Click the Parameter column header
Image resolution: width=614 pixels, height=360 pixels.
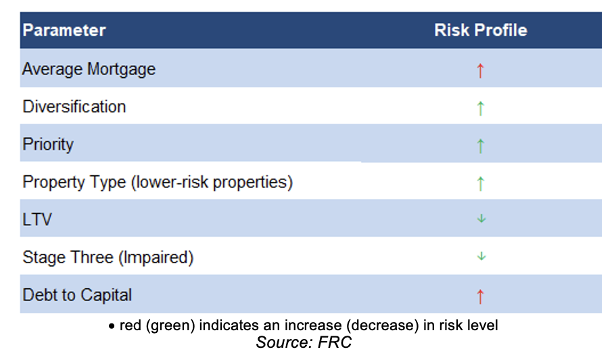click(x=64, y=30)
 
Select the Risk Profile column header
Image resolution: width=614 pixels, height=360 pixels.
click(x=481, y=30)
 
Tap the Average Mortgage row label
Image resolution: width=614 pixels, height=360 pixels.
click(x=89, y=69)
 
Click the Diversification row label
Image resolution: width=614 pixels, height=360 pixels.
click(x=74, y=106)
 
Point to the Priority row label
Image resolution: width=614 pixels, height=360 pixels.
click(x=48, y=145)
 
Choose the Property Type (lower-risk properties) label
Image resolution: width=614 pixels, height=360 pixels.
click(x=158, y=182)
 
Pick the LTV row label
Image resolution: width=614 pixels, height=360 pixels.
click(x=37, y=219)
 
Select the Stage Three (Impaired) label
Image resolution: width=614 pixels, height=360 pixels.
click(x=108, y=257)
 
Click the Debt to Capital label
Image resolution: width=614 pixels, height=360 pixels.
click(x=77, y=295)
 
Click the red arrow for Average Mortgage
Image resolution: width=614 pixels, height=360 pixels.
click(x=481, y=70)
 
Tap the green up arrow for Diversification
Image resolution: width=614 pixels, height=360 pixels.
click(x=481, y=108)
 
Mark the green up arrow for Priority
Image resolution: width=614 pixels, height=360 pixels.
click(x=481, y=145)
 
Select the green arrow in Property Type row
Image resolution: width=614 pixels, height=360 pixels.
click(x=481, y=183)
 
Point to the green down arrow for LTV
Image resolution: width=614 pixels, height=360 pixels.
click(x=481, y=219)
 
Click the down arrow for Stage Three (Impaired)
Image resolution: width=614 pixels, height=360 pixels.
click(x=481, y=256)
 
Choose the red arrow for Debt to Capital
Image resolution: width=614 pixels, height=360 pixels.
click(x=481, y=296)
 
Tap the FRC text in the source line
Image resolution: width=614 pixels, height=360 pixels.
click(x=335, y=342)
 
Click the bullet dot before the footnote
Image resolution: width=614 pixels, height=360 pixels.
click(x=112, y=326)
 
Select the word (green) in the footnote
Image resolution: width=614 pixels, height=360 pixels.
click(x=170, y=325)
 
